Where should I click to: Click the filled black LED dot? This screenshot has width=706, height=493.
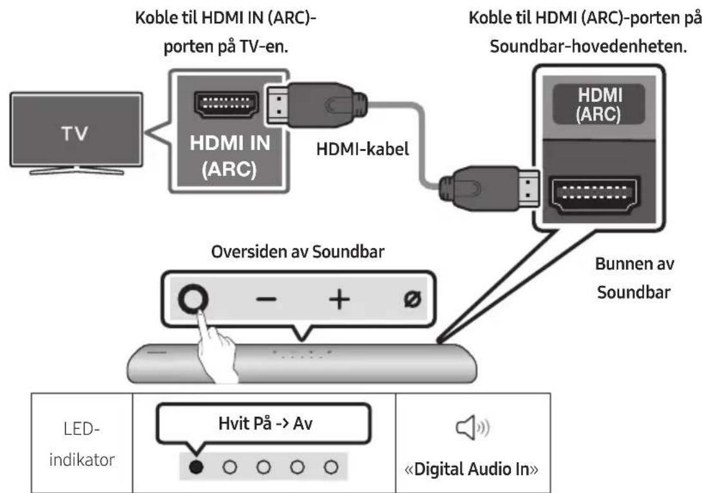(193, 466)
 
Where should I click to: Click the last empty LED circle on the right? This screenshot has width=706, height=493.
(331, 466)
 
